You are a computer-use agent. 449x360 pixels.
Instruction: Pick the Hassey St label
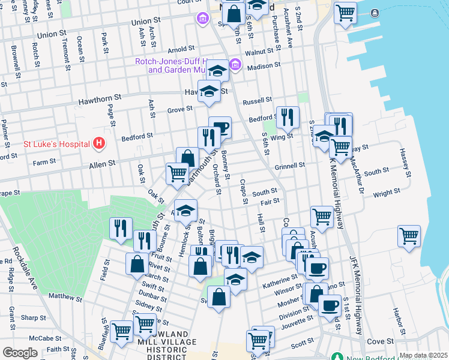(x=407, y=164)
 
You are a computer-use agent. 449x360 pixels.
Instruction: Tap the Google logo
(x=20, y=353)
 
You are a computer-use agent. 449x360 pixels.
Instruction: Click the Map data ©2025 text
(x=423, y=355)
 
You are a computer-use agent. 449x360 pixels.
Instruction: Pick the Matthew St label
(x=65, y=296)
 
